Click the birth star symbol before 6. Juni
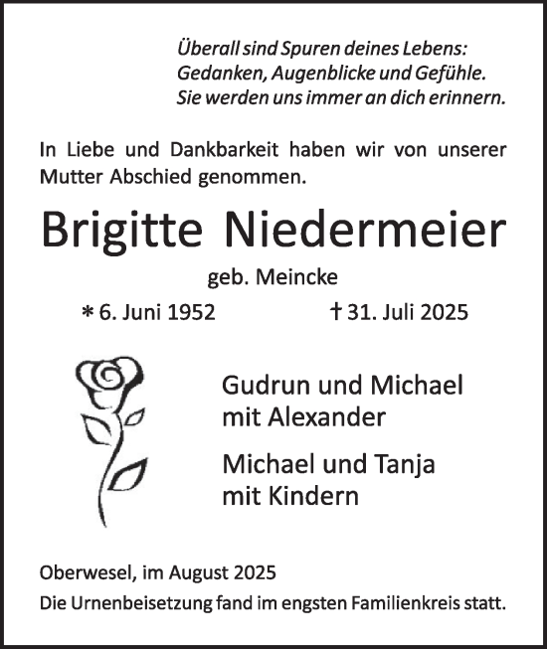pyautogui.click(x=88, y=313)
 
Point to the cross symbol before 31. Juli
pyautogui.click(x=338, y=312)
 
